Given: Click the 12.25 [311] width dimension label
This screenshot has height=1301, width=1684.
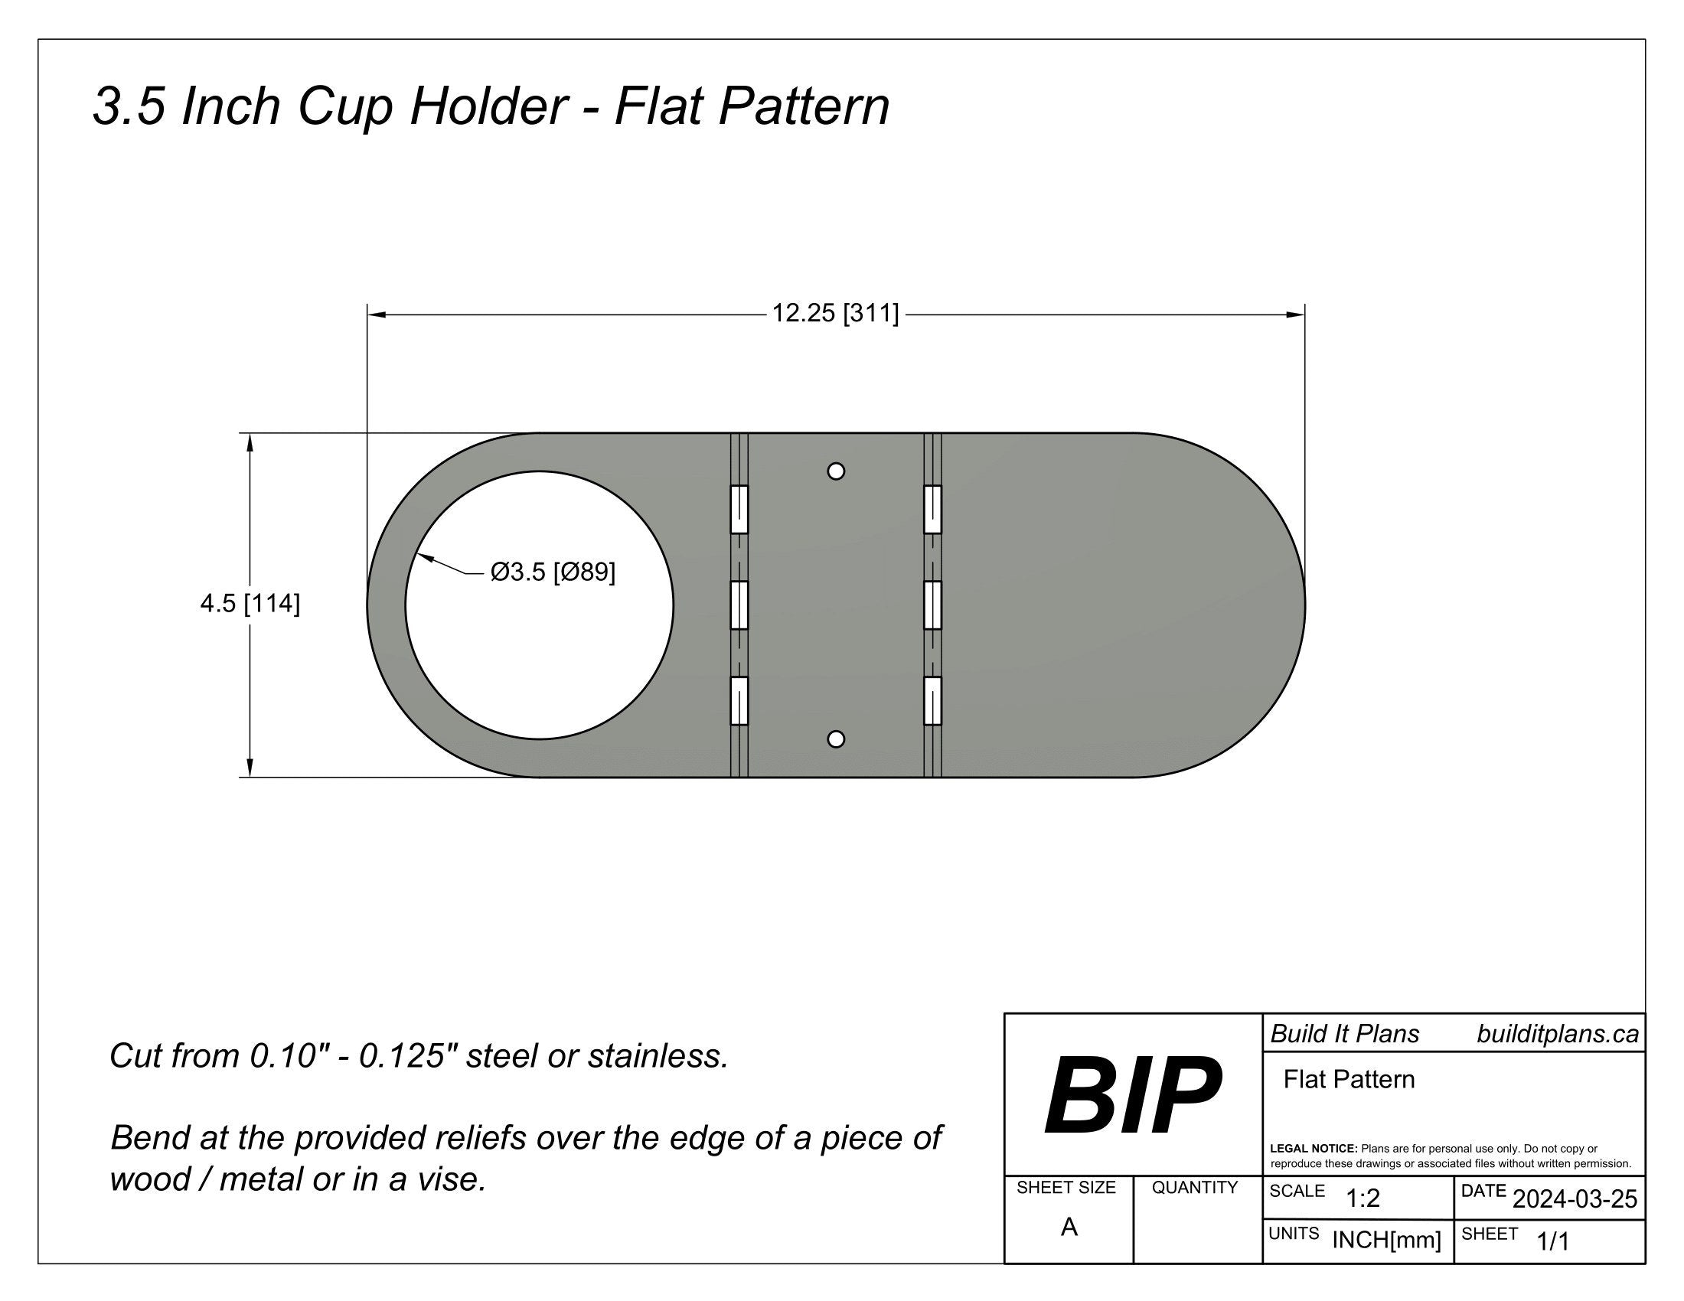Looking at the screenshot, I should tap(835, 314).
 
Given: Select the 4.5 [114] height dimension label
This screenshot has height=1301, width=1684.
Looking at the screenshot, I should tap(250, 604).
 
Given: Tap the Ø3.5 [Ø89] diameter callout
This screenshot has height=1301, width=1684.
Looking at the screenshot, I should tap(553, 572).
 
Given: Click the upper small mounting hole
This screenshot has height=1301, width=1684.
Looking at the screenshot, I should tap(836, 471).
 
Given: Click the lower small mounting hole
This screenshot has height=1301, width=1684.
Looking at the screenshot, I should tap(836, 739).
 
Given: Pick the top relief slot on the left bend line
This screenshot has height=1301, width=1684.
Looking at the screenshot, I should tap(739, 510).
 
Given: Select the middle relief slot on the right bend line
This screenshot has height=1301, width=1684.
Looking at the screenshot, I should tap(932, 605).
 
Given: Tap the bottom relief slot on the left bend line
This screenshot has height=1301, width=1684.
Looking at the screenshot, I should tap(739, 700).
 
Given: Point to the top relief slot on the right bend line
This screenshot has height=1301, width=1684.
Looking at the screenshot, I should tap(932, 510).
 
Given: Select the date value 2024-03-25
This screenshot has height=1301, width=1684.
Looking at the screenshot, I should tap(1575, 1199).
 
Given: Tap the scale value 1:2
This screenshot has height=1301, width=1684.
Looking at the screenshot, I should tap(1363, 1198).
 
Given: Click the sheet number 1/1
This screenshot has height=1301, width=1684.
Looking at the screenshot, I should tap(1553, 1241).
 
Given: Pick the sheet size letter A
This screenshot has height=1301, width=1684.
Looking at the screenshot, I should tap(1069, 1227).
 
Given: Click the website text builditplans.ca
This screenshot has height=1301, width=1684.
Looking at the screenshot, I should tap(1558, 1035).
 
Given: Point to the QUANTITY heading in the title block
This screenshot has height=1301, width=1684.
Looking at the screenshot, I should tap(1194, 1188).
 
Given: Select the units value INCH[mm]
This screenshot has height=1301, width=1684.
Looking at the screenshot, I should tap(1386, 1240).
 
